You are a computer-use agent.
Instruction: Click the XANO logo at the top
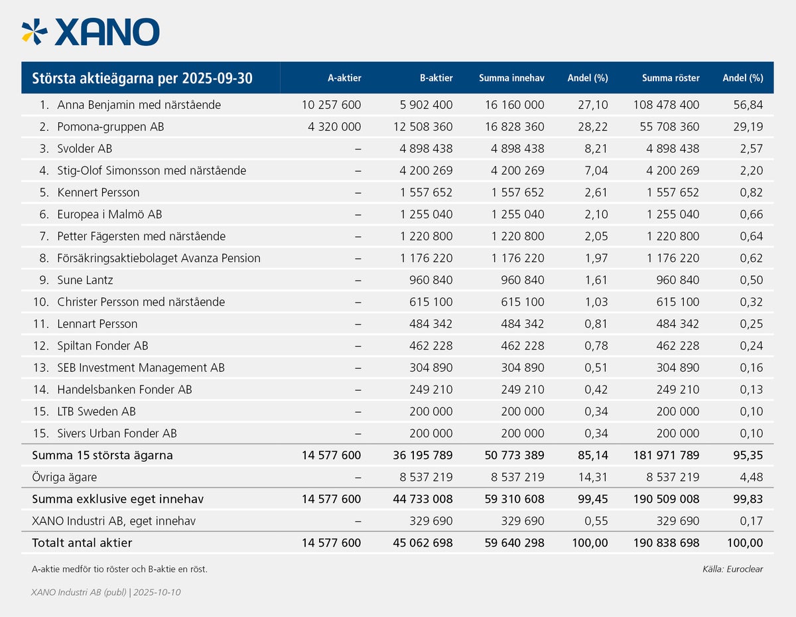coord(91,32)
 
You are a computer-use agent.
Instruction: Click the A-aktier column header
coord(344,78)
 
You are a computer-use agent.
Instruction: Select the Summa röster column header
coord(671,78)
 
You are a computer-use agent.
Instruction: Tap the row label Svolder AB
coord(85,149)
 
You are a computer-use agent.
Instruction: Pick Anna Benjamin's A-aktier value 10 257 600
coord(331,105)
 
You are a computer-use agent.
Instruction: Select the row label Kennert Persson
coord(98,192)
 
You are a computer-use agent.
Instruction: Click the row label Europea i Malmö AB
coord(109,214)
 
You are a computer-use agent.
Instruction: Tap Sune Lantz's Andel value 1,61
coord(596,280)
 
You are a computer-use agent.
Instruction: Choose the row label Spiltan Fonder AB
coord(103,346)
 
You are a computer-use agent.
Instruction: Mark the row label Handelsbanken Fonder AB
coord(125,389)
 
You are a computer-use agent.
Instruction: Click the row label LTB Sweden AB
coord(96,411)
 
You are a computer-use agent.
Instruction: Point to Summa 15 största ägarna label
coord(102,455)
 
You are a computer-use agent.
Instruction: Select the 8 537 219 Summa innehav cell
coord(517,477)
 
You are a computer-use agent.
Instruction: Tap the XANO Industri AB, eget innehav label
coord(113,521)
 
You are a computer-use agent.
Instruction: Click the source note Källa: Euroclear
coord(732,569)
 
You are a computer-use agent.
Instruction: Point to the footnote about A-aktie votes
coord(119,569)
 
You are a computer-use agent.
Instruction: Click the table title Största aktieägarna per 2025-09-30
coord(142,78)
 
